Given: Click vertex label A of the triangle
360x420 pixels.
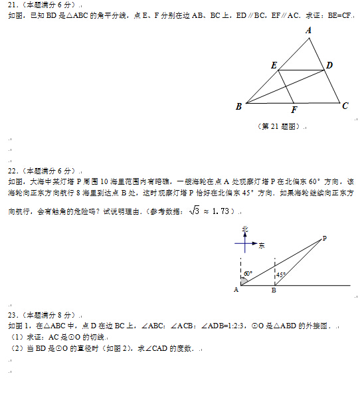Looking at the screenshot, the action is pos(310,30).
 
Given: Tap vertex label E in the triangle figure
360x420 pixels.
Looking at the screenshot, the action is pos(274,64).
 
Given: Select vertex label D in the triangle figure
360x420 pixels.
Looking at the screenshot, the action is pos(329,64).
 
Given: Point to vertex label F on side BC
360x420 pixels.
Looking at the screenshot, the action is pos(294,110).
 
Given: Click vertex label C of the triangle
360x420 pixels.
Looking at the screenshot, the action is pos(345,105).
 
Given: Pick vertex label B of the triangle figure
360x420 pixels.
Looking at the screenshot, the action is pos(238,106).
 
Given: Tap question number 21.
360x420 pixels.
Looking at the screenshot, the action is pos(12,4).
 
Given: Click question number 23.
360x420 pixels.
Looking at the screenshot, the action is pos(12,315).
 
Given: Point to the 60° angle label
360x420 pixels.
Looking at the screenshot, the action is pos(248,273).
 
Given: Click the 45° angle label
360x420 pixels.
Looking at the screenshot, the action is pos(281,274).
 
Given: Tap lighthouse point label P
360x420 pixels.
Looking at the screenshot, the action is pos(324,238).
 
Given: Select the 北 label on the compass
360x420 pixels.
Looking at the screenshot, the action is pos(244,229).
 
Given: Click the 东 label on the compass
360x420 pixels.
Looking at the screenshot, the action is pos(262,245).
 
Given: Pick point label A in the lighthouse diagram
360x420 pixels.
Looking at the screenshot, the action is pos(236,289).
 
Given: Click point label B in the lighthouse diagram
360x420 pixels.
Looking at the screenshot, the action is pos(274,290).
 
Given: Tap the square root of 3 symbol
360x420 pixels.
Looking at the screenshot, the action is pos(194,211).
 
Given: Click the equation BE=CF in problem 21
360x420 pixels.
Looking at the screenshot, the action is pos(336,15).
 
